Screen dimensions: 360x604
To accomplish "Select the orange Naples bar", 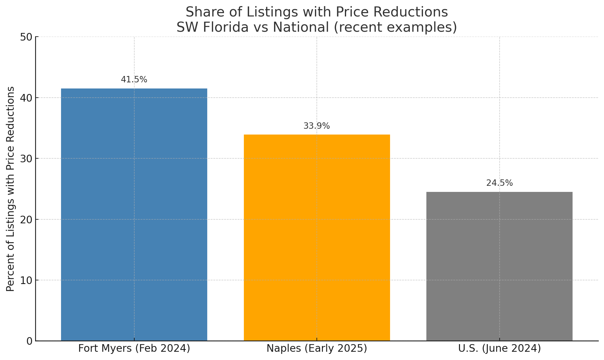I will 317,238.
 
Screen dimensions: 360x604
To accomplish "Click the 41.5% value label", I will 134,80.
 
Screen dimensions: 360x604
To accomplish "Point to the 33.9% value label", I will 316,126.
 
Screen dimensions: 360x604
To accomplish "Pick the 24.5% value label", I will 499,183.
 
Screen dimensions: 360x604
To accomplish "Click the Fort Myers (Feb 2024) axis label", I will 134,348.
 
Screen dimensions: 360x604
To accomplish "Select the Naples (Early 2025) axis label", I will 317,348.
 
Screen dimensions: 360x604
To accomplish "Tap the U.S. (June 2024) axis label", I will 499,348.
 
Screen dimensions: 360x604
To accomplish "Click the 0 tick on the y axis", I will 29,341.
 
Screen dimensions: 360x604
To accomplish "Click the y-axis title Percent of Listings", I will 10,189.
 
